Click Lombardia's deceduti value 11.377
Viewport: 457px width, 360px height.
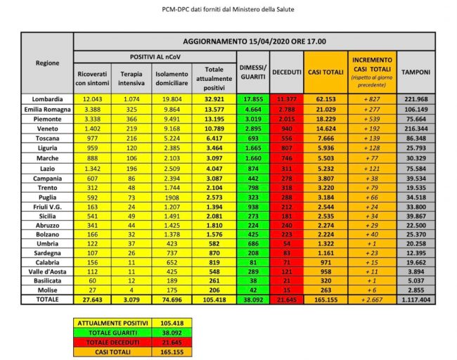(x=288, y=100)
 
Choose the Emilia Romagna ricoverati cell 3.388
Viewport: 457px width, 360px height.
(x=95, y=110)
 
